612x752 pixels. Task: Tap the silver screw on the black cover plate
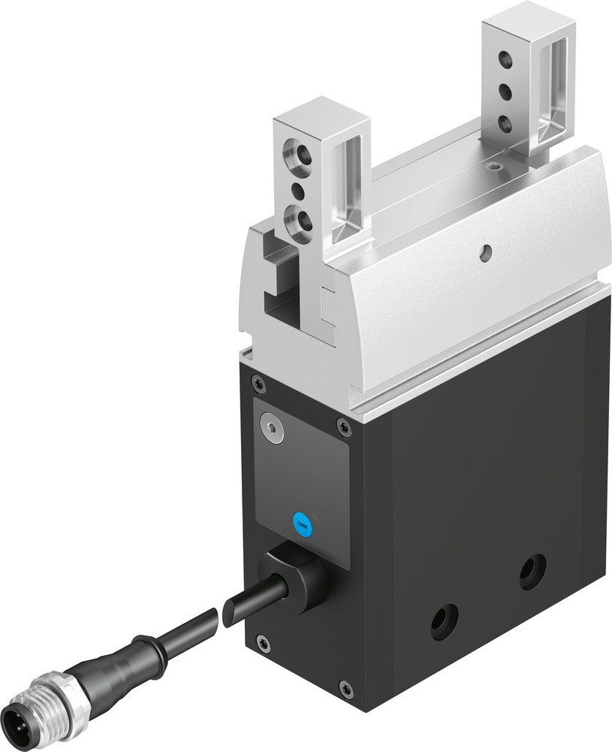coord(272,428)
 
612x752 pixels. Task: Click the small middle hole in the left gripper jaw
coord(298,191)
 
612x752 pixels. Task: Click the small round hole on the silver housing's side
coord(487,256)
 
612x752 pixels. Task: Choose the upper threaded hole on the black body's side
coord(533,572)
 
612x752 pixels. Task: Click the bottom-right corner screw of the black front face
coord(345,687)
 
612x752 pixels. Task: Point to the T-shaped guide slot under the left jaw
coord(279,298)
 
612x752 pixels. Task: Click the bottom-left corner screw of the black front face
coord(262,641)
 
